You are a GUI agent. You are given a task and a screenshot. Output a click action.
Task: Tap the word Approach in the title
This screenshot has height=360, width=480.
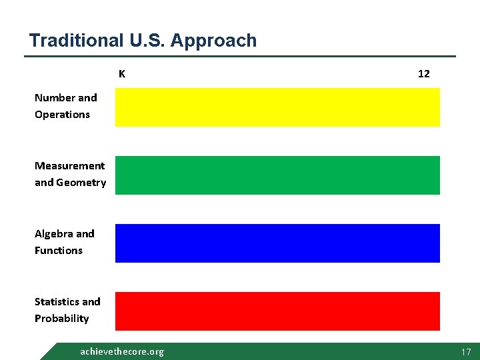213,41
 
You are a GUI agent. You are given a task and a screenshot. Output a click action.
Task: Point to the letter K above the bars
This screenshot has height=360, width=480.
122,74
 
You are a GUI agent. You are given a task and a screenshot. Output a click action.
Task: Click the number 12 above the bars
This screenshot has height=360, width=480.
423,74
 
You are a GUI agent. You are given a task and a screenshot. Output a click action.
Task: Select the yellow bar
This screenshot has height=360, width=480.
277,107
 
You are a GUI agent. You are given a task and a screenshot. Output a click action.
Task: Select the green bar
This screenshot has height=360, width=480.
277,175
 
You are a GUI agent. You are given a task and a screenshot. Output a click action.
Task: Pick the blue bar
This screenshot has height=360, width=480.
277,243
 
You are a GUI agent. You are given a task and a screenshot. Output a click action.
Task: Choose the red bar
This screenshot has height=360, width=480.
277,311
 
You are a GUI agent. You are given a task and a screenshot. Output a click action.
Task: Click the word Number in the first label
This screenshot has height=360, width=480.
56,98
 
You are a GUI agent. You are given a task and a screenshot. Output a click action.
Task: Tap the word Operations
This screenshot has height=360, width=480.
62,115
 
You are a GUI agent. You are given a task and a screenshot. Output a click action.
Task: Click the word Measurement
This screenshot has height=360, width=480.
69,166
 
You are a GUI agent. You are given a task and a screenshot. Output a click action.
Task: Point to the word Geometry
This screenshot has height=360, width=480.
81,183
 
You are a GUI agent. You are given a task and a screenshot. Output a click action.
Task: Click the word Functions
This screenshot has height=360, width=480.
59,251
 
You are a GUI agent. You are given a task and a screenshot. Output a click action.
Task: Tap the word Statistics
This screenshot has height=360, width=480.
57,302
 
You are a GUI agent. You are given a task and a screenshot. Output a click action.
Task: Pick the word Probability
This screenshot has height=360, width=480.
61,319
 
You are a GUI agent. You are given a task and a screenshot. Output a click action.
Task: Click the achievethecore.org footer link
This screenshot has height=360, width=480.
121,351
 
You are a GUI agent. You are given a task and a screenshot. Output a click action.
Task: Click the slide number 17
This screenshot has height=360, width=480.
465,351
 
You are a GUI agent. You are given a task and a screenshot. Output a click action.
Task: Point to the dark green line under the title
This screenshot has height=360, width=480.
240,56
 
